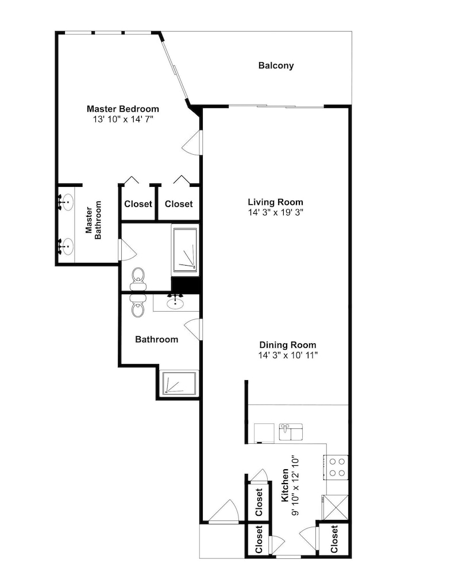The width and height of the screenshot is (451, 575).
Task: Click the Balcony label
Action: pos(276,66)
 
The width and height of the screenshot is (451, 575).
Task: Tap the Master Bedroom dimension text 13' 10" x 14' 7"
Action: pos(123,119)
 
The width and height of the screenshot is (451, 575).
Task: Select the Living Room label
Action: pos(276,202)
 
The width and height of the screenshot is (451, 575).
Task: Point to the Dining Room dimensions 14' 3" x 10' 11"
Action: pos(288,355)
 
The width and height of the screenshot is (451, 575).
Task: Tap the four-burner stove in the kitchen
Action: pos(336,467)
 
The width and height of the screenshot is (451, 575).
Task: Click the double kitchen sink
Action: pos(291,432)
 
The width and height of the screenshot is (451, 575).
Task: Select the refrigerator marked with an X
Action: pos(335,507)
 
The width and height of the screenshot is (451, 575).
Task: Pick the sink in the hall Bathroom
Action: pos(175,302)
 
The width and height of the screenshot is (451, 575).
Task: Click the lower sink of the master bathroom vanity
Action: pos(66,247)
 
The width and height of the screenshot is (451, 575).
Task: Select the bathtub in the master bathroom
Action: pos(185,250)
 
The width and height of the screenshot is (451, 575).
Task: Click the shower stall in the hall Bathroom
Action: pos(179,384)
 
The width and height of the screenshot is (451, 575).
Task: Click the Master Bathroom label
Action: pos(94,220)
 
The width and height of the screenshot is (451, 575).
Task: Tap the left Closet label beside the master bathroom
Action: pos(138,204)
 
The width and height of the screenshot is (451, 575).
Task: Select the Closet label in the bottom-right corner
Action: pos(334,539)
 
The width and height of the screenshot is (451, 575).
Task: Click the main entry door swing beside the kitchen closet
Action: pos(224,510)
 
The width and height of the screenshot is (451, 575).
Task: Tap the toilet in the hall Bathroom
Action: pos(138,306)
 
